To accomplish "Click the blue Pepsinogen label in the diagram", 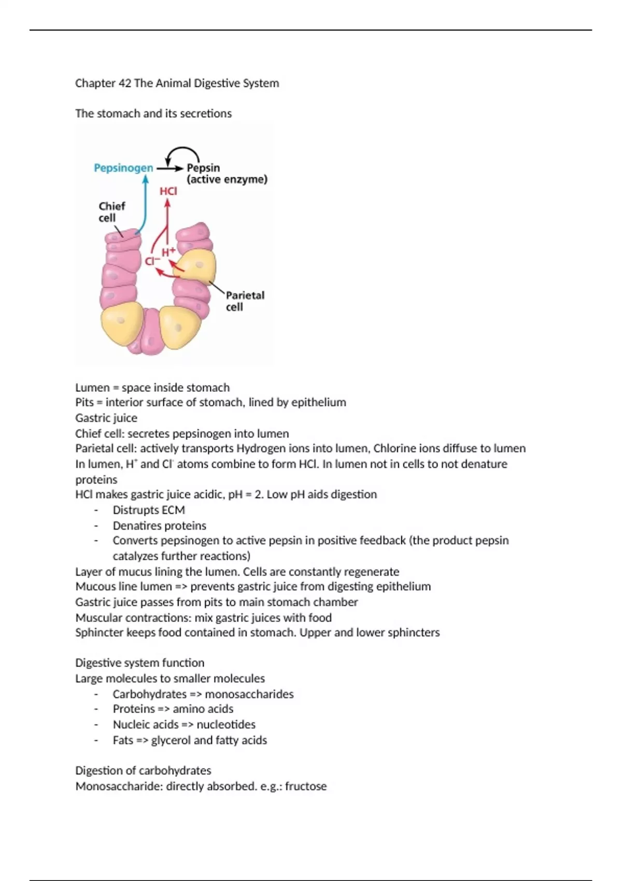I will [123, 168].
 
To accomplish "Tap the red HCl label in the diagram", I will [168, 191].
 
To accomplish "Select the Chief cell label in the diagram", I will [111, 212].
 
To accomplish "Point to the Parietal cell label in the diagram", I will [245, 301].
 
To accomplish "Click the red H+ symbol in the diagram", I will [168, 252].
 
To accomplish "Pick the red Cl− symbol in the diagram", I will [152, 262].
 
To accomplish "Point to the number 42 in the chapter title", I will [124, 83].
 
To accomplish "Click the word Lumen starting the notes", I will [92, 388].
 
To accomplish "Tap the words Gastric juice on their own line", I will [106, 418].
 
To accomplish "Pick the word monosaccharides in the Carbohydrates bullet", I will [249, 694].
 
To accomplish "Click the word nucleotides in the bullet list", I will [226, 724].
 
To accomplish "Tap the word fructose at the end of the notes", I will [306, 786].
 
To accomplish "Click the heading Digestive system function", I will [140, 663].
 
